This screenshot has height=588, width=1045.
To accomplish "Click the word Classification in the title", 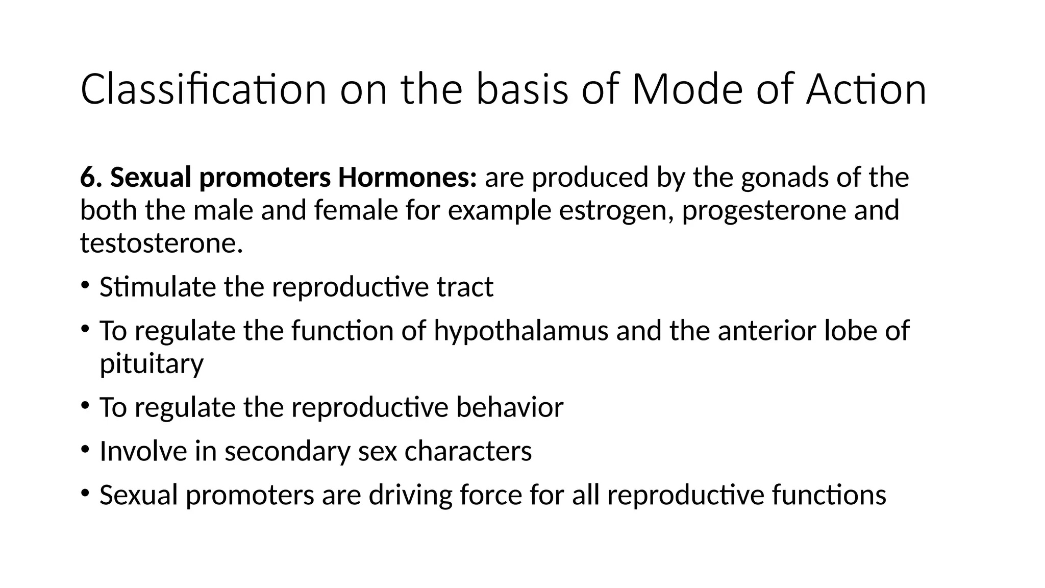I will [203, 90].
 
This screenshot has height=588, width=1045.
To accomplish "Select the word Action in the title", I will [866, 90].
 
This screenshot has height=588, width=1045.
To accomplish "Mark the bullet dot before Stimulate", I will [85, 284].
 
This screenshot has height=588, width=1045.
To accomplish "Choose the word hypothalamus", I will [521, 331].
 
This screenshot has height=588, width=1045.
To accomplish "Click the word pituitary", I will [152, 364].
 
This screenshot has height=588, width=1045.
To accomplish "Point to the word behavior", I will [510, 407].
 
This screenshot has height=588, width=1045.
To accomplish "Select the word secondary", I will [287, 452].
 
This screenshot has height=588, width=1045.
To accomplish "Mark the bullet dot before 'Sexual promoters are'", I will [85, 492].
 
